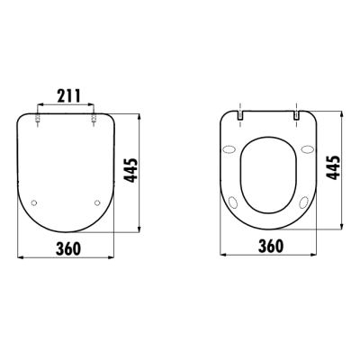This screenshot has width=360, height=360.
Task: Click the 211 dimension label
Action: (68, 96)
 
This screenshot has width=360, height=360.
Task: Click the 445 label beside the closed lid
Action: (131, 170)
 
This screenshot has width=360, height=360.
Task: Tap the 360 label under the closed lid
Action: (68, 248)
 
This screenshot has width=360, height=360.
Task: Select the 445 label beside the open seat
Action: (333, 167)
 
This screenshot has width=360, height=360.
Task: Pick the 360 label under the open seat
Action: (271, 247)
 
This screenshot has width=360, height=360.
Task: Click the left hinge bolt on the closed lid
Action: (38, 118)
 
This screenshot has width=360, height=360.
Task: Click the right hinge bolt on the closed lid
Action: (94, 118)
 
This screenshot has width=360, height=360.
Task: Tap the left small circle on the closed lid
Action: (34, 203)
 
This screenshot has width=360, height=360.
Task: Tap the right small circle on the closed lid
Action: (97, 203)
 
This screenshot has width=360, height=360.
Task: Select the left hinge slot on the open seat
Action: (240, 115)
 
